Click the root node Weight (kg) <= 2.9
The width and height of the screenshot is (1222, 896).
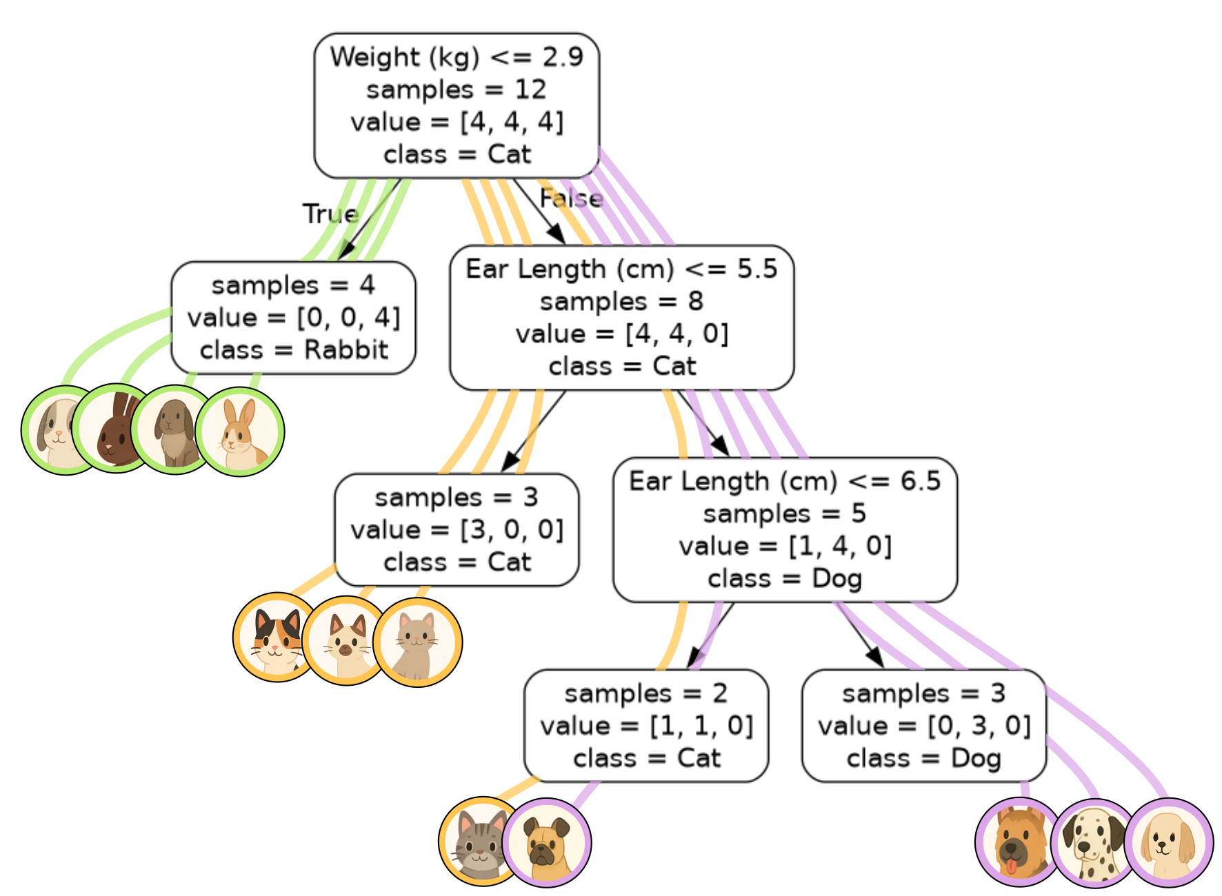point(457,105)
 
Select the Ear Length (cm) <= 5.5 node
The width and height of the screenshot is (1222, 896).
point(621,317)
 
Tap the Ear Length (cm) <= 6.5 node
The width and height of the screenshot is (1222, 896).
point(785,529)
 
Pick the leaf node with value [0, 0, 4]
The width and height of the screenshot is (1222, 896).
point(293,318)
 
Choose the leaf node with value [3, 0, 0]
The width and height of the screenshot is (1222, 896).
point(457,529)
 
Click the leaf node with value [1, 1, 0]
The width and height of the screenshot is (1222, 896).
point(646,725)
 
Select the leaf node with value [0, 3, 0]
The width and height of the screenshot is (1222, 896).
point(924,725)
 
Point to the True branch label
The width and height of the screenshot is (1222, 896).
point(330,214)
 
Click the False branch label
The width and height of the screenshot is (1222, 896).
point(571,198)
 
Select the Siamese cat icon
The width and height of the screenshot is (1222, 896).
point(345,640)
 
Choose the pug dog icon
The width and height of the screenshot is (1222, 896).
point(547,842)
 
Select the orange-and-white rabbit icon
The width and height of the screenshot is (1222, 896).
point(240,431)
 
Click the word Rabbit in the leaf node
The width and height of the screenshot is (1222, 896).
point(346,350)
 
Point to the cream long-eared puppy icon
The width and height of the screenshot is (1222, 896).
point(1169,842)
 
